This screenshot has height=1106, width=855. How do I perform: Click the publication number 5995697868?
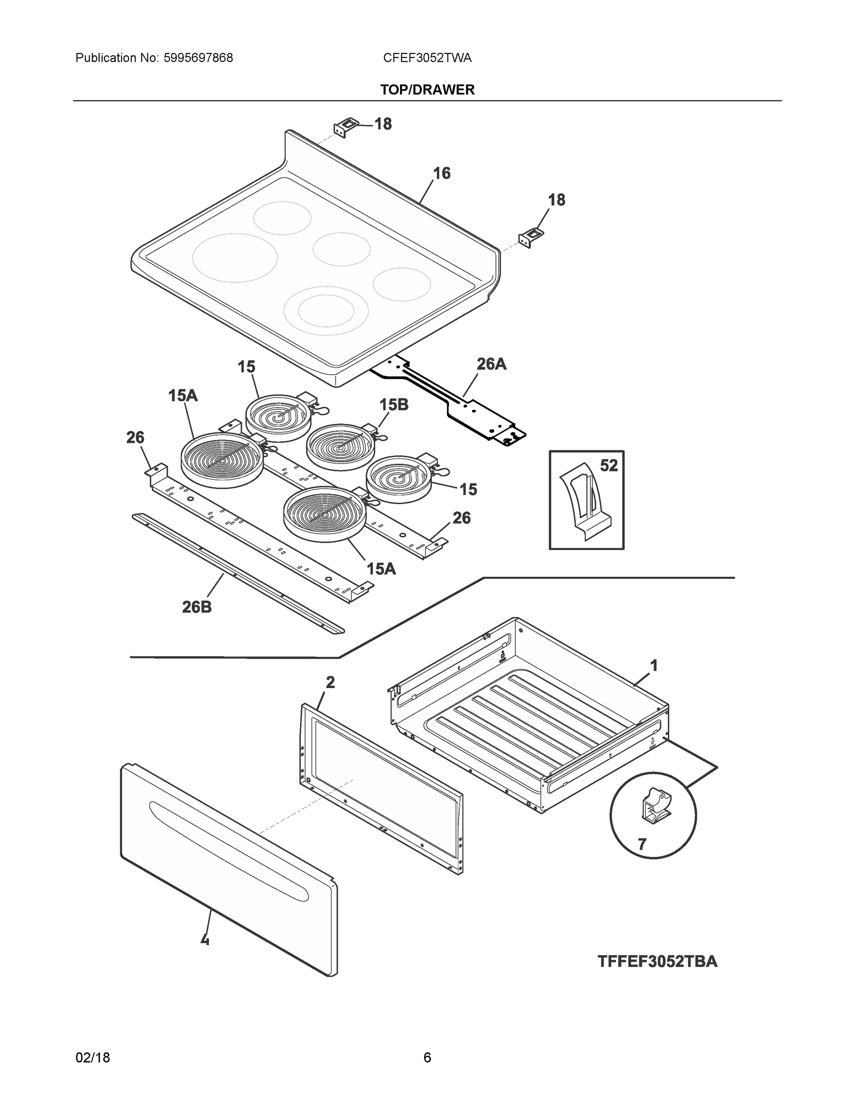pos(198,58)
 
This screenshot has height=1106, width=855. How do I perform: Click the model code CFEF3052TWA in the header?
pos(427,58)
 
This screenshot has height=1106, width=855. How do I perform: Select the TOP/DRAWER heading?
pos(427,90)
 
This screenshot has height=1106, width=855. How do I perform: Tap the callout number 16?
pos(441,174)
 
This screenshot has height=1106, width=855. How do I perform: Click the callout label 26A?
pos(491,364)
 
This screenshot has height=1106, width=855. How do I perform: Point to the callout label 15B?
pos(394,405)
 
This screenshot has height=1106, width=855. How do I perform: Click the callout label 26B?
pos(196,606)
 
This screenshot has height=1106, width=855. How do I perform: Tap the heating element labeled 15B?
pos(340,447)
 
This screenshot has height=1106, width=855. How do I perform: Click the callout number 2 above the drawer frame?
pos(330,682)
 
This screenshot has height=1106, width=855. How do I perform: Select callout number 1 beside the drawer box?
pos(654,665)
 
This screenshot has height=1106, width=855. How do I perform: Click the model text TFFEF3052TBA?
pos(657,961)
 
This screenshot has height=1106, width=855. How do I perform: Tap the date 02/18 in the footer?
pos(93,1058)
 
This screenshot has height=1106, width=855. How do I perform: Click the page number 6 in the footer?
pos(427,1058)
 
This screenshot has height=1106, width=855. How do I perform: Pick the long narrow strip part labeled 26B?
pos(238,573)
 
